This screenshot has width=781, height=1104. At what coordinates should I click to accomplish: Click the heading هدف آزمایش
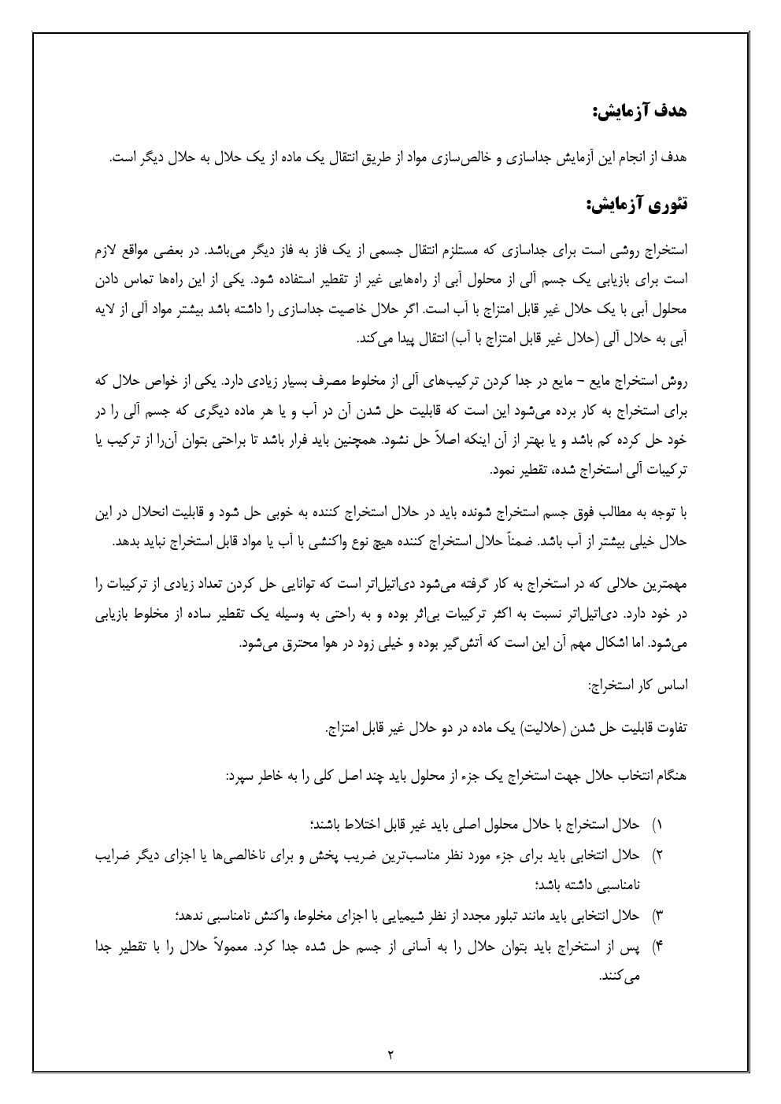tap(639, 111)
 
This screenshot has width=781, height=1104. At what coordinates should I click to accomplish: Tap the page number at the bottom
tap(390, 1054)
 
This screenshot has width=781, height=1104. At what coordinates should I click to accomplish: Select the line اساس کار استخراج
tap(638, 685)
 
